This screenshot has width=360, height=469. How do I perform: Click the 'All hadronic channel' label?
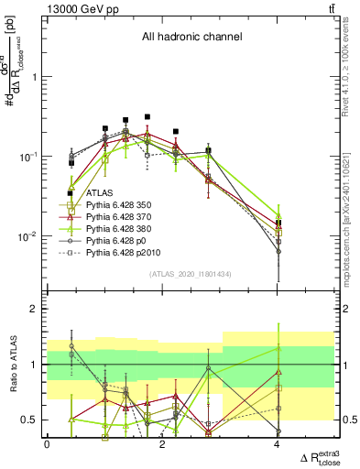[x=191, y=38]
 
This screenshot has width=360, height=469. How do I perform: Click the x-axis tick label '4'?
[x=278, y=444]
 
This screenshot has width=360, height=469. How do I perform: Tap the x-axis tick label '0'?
[x=47, y=444]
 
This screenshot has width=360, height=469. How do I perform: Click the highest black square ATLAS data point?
[x=147, y=117]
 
